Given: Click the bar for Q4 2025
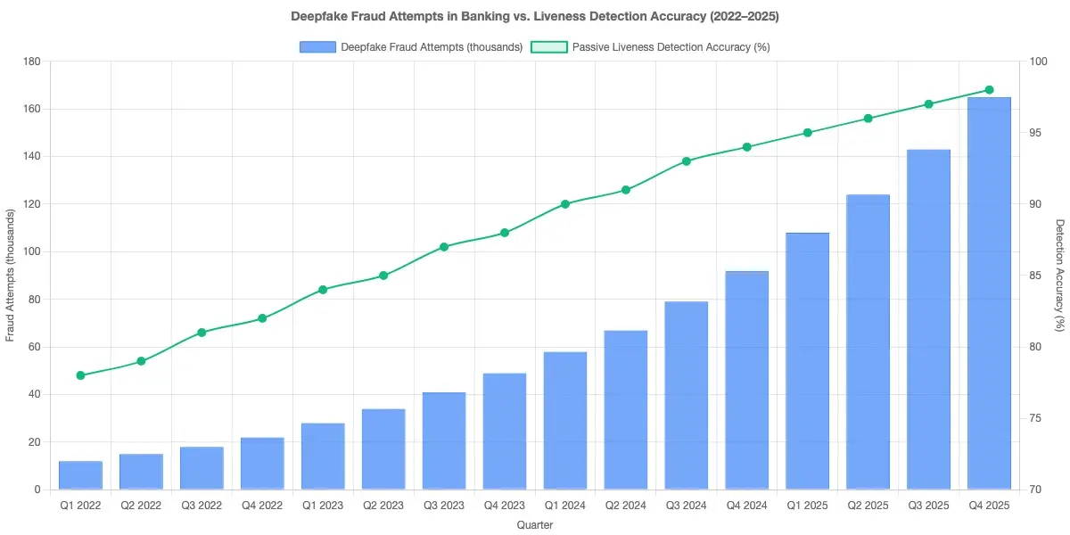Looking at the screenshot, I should coord(989,293).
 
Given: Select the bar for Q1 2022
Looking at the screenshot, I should coord(80,475).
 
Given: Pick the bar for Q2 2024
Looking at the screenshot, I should coord(626,410).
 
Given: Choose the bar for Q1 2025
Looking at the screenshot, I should coord(808,361).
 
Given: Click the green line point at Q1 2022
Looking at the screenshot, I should coord(80,375).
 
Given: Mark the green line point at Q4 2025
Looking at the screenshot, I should coord(989,90).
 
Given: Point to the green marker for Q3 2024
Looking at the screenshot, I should coord(687,161).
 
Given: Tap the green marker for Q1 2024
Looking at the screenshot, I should coord(565,204).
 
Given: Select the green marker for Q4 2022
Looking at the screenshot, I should coord(262,318).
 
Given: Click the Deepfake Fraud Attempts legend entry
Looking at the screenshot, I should coord(411,47).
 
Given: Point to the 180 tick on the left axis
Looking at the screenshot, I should coord(33,62).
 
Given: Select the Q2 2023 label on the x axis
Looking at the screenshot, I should coord(383,505).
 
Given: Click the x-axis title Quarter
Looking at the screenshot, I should coord(535,525).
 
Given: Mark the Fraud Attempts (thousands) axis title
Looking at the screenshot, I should coord(11,276).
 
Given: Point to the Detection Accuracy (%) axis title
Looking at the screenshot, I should coord(1059,276).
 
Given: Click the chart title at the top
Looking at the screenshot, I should coord(535,17).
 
